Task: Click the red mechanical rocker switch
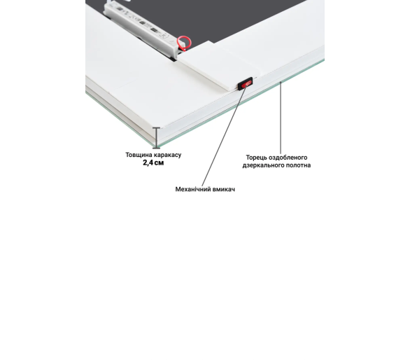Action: click(246, 84)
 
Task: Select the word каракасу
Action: click(167, 155)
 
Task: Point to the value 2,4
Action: click(148, 163)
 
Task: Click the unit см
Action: click(159, 163)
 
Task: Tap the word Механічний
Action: click(193, 189)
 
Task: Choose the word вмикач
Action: click(224, 189)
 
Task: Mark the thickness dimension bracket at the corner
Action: click(156, 138)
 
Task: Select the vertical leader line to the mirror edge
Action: click(281, 118)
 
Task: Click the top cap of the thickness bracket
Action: click(156, 127)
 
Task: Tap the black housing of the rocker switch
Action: click(246, 83)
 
